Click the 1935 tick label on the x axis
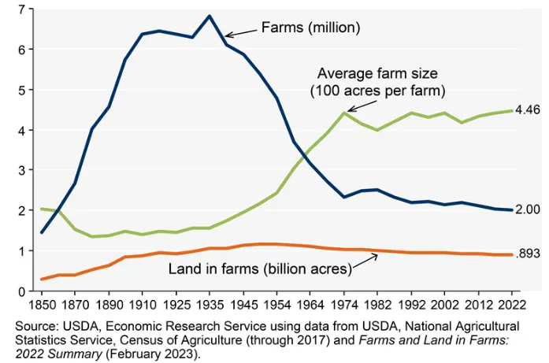[x=209, y=305]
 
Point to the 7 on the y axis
[x=22, y=9]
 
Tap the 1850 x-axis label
[x=42, y=305]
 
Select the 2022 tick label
[x=511, y=305]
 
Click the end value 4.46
[x=528, y=110]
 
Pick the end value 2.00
[x=528, y=209]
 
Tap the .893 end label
[x=529, y=253]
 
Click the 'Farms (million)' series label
[x=310, y=28]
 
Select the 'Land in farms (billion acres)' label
[x=260, y=269]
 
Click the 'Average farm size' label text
[x=377, y=73]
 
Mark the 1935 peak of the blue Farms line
[x=210, y=16]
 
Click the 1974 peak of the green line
[x=344, y=113]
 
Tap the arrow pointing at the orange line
[x=365, y=261]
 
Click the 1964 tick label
[x=310, y=305]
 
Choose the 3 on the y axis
[x=22, y=170]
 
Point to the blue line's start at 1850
[x=42, y=232]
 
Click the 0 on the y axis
[x=22, y=291]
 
